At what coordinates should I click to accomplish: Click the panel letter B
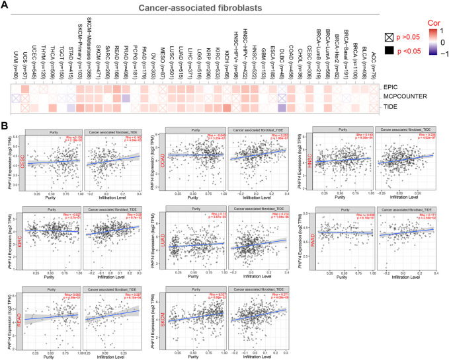point(5,124)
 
